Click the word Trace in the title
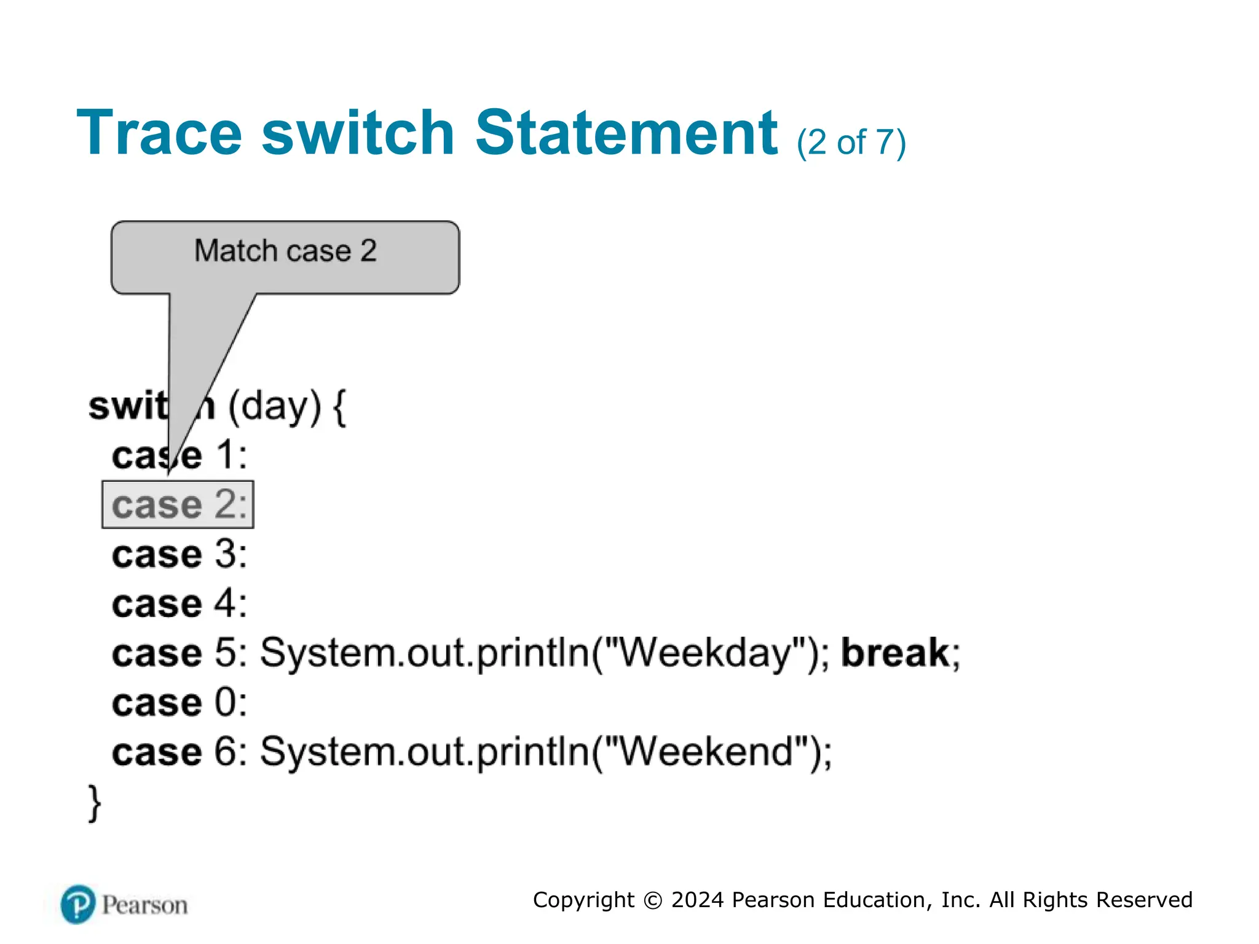tap(159, 133)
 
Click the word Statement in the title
tap(626, 133)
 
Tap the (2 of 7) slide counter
tap(851, 143)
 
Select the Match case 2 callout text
tap(285, 251)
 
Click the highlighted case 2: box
tap(178, 505)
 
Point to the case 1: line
tap(180, 455)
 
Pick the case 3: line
tap(180, 554)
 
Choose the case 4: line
tap(180, 604)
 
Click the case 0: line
tap(180, 702)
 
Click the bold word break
tap(895, 653)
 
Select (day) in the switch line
tap(275, 407)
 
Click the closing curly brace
tap(95, 803)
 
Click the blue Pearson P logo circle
tap(78, 904)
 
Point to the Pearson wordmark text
tap(144, 905)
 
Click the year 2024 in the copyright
tap(697, 900)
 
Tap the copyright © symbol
tap(652, 900)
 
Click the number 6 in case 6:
tap(225, 752)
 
